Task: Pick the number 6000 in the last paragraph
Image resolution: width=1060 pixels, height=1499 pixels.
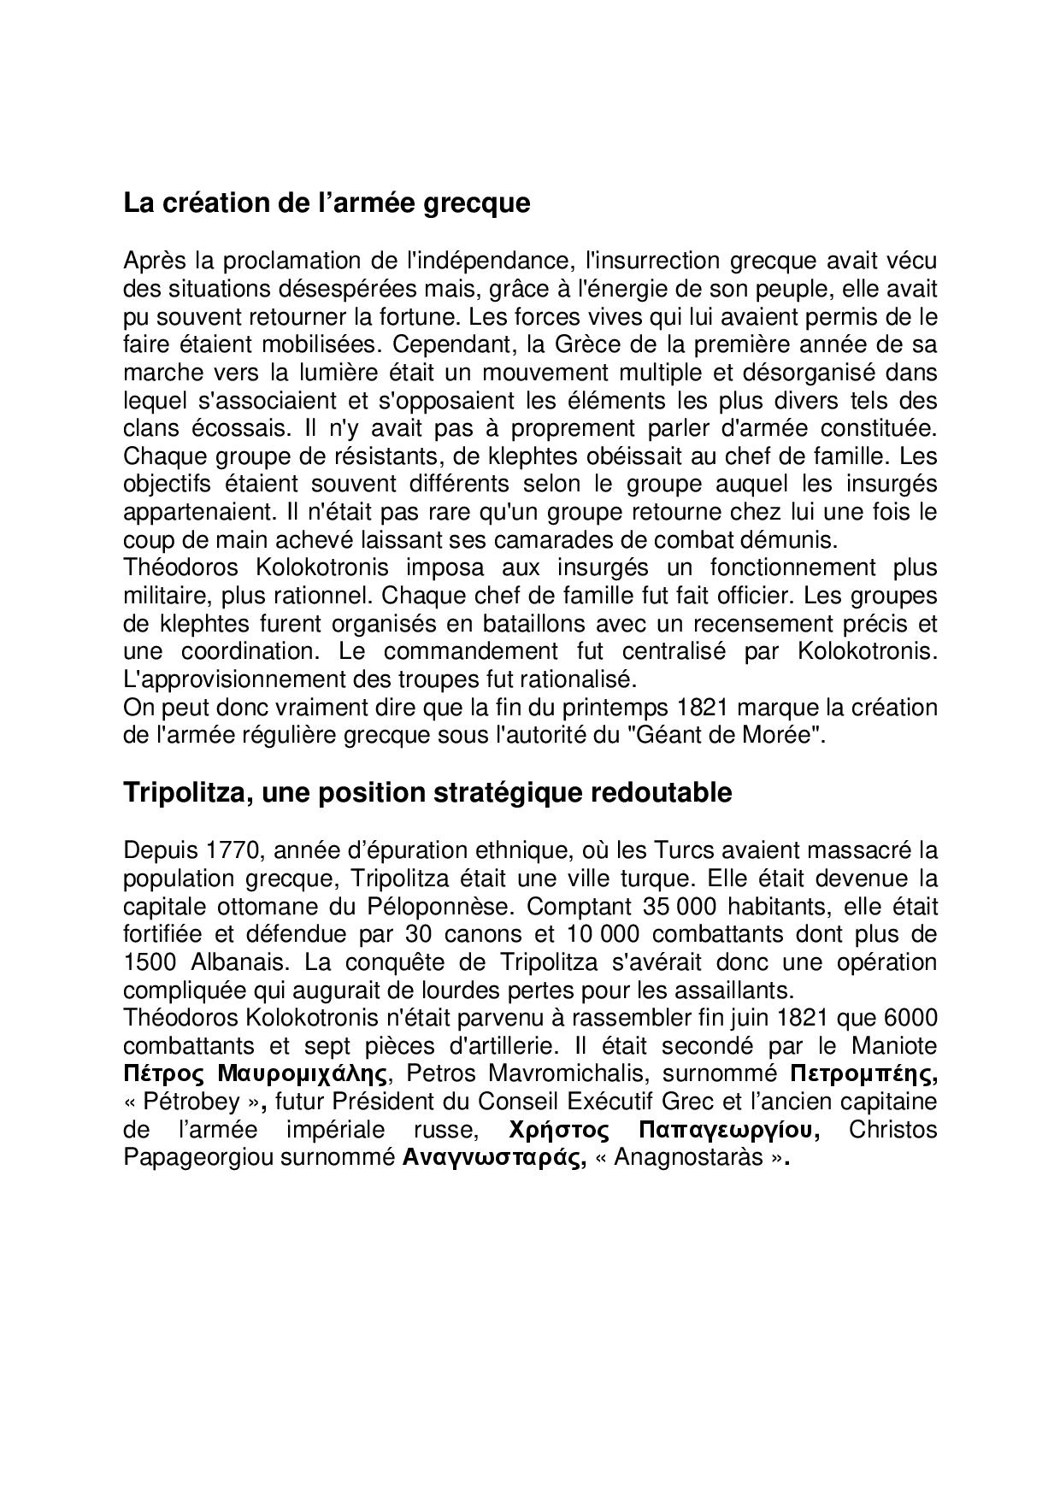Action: pos(910,1018)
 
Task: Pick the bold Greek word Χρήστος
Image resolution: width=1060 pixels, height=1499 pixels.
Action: pos(558,1130)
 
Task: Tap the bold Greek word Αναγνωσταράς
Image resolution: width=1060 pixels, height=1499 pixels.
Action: pos(493,1159)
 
